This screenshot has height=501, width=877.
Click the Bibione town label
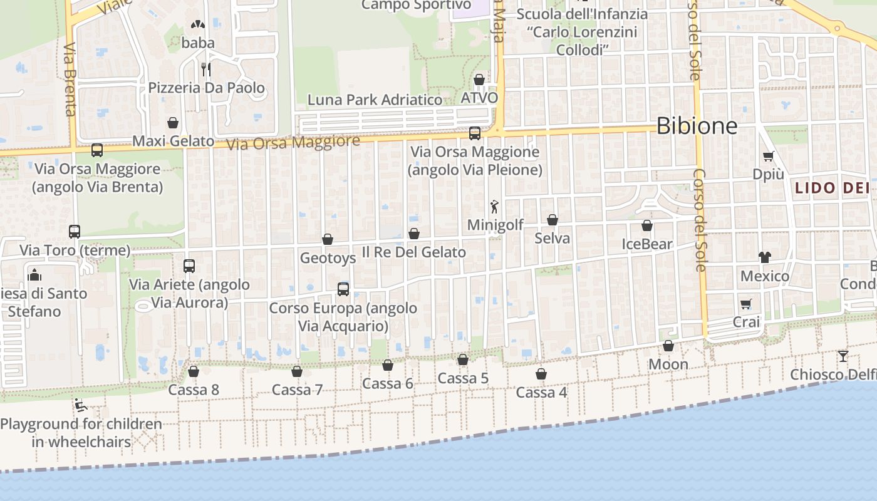click(x=697, y=126)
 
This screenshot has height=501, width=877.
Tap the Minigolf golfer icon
click(x=495, y=206)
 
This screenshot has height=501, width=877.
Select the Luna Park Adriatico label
click(x=375, y=100)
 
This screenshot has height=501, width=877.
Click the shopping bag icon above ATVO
click(x=479, y=80)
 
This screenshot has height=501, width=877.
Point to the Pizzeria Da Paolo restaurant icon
click(x=205, y=68)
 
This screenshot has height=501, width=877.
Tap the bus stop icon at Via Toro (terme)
click(x=75, y=232)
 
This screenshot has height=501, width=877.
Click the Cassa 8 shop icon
click(x=194, y=371)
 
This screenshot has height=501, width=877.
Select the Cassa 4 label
click(x=541, y=393)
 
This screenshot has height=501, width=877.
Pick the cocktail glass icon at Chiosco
click(x=843, y=356)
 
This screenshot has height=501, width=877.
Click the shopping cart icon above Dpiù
click(x=768, y=156)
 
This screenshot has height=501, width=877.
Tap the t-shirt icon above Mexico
click(x=764, y=257)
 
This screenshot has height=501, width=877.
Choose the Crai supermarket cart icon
click(x=745, y=304)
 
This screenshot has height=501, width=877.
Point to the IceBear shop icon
click(x=647, y=225)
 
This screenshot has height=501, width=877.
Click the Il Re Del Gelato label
click(x=414, y=252)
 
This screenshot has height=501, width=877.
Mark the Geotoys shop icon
click(x=328, y=239)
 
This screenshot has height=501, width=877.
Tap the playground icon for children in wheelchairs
click(x=81, y=406)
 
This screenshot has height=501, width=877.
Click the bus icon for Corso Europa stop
click(x=343, y=289)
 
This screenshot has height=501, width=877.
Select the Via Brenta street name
click(x=70, y=79)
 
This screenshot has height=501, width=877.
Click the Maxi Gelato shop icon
click(x=173, y=123)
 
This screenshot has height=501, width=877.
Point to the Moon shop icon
click(x=668, y=346)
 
